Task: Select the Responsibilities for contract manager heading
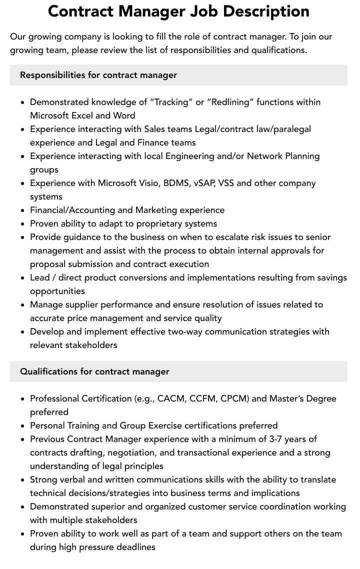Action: pos(98,75)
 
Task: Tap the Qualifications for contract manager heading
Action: pos(94,371)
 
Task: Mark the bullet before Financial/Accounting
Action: pos(23,210)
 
